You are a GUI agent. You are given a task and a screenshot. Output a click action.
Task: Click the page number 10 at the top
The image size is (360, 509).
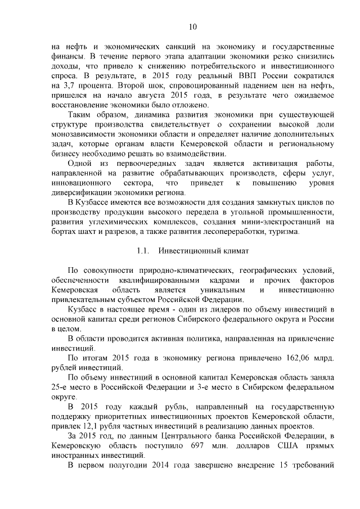[x=192, y=26]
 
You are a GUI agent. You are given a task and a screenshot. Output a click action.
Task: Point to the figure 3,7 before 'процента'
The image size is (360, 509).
[x=66, y=85]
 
